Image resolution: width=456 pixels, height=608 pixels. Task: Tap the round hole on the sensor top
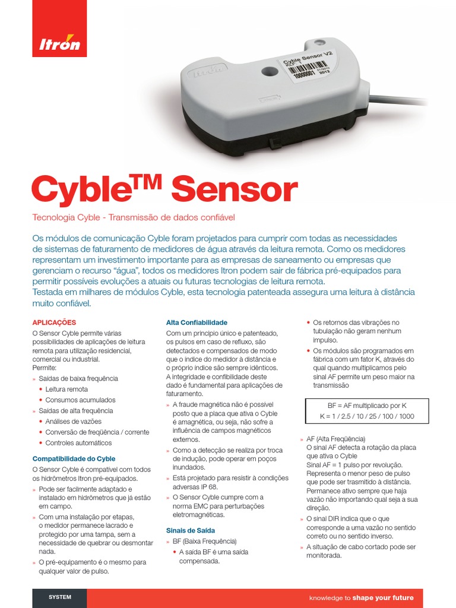266,71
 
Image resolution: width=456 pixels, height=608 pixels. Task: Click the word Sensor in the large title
234,190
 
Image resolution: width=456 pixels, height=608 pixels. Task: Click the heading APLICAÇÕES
54,322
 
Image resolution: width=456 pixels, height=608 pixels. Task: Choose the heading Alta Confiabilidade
196,322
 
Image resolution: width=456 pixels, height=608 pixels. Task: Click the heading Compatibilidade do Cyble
74,459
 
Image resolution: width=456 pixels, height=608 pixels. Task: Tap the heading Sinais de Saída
191,530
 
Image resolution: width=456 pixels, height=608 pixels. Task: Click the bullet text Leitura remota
66,389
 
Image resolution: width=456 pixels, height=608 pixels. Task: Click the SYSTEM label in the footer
59,597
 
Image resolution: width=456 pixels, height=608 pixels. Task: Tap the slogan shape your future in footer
383,597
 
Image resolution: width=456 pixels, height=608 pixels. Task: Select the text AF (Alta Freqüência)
335,439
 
